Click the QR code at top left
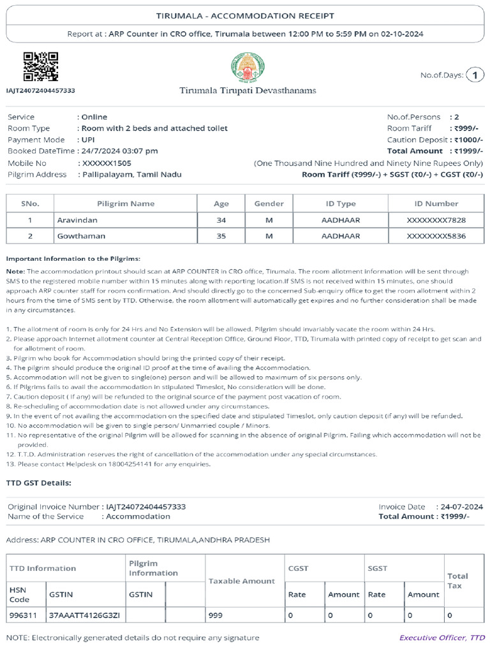41,67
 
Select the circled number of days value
475,75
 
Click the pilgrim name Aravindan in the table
77,220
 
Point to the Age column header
221,203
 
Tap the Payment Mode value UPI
88,140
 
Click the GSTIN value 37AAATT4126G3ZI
80,615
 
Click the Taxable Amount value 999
216,615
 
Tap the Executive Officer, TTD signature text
442,637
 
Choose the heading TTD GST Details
39,483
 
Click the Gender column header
269,203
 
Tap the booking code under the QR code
40,91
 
